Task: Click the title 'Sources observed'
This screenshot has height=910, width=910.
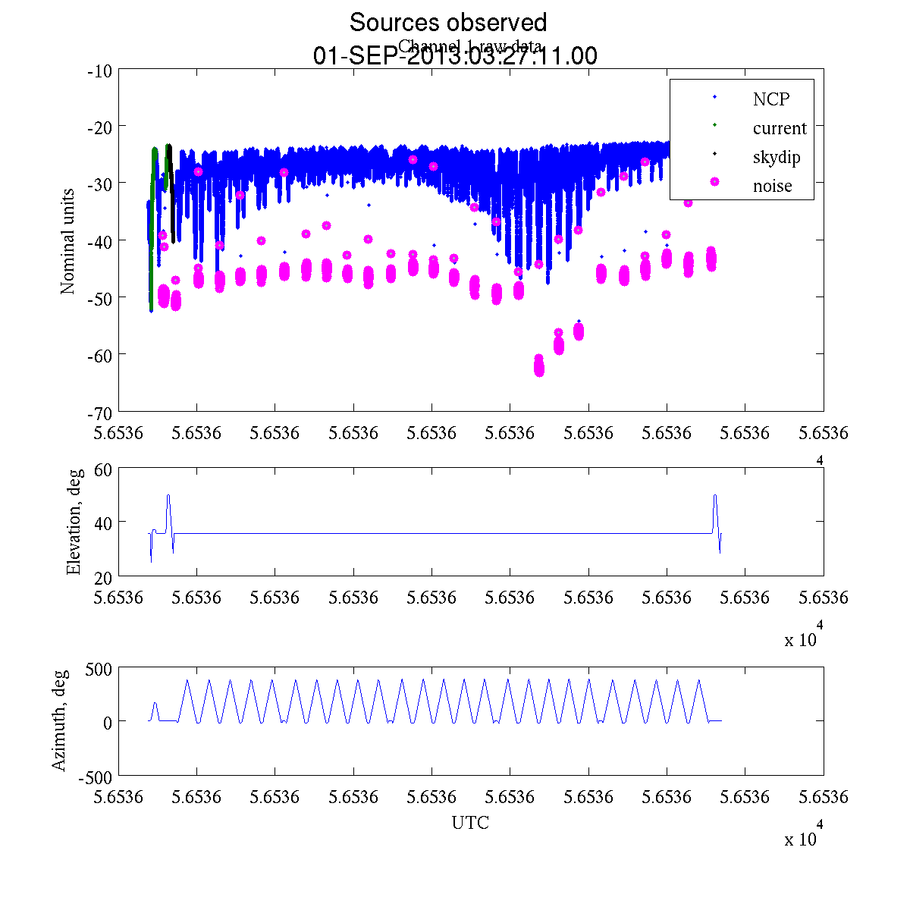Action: [447, 23]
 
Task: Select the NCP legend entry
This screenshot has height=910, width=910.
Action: [770, 99]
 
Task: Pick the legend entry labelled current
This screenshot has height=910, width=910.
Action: [779, 128]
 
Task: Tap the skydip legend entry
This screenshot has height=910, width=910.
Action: [776, 158]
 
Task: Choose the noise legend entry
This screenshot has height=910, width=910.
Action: [772, 187]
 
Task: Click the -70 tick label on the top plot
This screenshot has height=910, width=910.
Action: [100, 412]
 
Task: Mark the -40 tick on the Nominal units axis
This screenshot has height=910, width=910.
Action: [100, 241]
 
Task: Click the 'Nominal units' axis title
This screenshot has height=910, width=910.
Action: [68, 241]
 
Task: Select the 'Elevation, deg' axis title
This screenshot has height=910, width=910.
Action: [74, 523]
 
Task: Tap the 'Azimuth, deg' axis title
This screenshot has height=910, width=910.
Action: [59, 720]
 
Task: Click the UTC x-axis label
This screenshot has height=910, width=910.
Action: [470, 823]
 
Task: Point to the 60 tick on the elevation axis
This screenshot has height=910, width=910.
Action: [103, 469]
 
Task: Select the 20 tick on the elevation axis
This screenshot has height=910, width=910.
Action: [103, 576]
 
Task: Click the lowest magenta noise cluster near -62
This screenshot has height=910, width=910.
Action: [539, 366]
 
